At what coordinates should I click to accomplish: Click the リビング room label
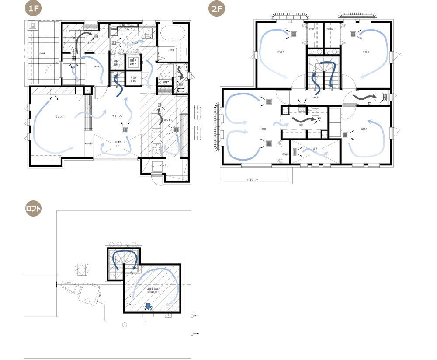click(59, 117)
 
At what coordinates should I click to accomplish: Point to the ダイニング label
click(117, 116)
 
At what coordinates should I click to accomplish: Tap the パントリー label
click(165, 165)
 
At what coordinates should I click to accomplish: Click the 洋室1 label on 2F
click(281, 52)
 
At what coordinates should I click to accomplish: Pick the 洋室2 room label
click(365, 52)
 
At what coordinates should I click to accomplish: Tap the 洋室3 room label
click(364, 129)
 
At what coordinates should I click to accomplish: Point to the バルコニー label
click(253, 179)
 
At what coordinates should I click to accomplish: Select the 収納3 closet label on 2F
click(285, 154)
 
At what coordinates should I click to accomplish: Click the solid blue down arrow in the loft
click(148, 306)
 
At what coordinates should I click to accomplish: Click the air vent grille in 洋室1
click(295, 34)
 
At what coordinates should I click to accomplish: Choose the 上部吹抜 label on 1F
click(117, 142)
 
